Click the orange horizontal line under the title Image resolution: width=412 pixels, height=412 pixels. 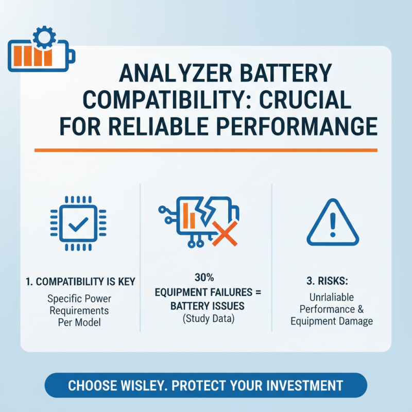206,150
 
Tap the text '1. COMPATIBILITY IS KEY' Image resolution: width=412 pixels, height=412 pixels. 80,282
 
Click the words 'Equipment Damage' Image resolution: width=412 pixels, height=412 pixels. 332,321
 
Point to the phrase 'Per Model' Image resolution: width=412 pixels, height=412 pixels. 79,322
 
